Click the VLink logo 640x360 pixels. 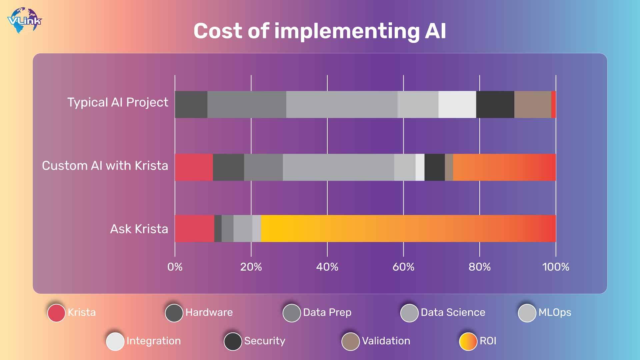[24, 21]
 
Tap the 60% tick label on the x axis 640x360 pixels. [403, 267]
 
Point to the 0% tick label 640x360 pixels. [175, 267]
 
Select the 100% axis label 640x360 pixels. [555, 267]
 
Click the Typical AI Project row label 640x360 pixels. [118, 102]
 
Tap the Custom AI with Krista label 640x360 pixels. [105, 166]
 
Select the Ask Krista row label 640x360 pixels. [139, 229]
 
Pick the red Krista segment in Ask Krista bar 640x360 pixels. [194, 229]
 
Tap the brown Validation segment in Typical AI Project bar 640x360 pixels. [532, 104]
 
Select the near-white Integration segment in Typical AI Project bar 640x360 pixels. [457, 104]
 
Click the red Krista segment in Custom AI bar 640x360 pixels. [194, 167]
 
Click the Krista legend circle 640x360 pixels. [56, 313]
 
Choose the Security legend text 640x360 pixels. [265, 341]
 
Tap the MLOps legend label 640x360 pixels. [555, 312]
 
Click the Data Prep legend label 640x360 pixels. [327, 312]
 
